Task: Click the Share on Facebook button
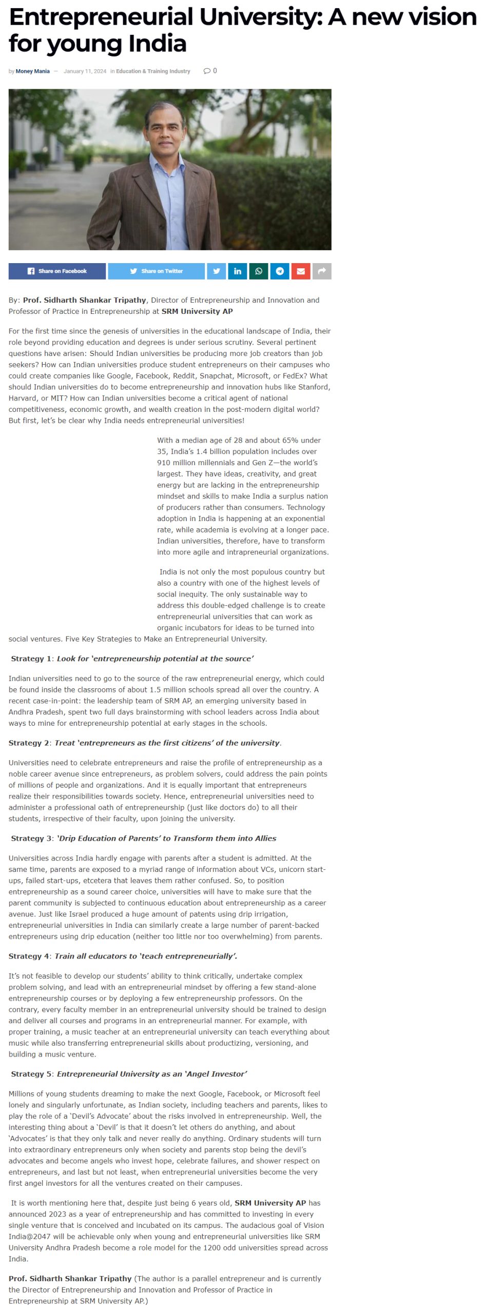57,271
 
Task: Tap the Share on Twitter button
156,271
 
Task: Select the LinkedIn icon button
238,271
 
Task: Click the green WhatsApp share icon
259,271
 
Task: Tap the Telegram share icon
280,271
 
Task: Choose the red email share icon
301,271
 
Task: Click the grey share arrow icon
322,271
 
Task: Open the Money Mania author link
33,71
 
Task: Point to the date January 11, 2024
85,71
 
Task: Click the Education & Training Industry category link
153,71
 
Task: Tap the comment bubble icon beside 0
207,71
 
